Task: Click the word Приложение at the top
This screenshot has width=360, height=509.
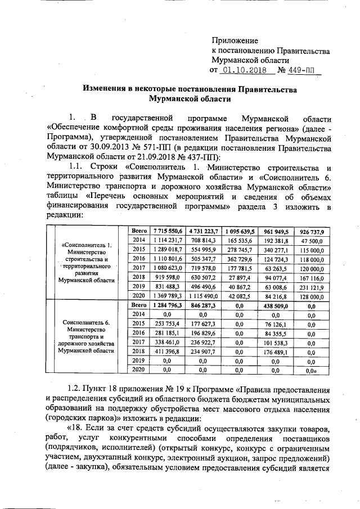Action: [235, 41]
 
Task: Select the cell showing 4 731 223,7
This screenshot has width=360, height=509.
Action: [204, 231]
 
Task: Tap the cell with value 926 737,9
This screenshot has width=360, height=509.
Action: [316, 231]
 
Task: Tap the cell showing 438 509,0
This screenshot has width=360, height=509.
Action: [279, 304]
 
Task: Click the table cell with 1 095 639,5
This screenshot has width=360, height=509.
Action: [241, 231]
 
